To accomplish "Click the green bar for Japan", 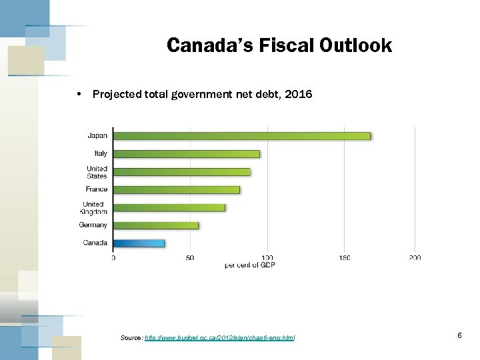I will pyautogui.click(x=241, y=136).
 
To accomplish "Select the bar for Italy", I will pyautogui.click(x=187, y=154).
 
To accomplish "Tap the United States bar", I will pyautogui.click(x=181, y=172).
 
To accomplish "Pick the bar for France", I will pyautogui.click(x=177, y=190).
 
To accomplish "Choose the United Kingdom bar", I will pyautogui.click(x=169, y=208).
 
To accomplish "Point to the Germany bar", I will pyautogui.click(x=156, y=225).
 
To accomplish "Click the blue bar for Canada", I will pyautogui.click(x=139, y=243).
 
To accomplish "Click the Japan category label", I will pyautogui.click(x=97, y=136).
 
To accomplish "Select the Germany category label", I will pyautogui.click(x=93, y=225).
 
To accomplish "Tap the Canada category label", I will pyautogui.click(x=95, y=243).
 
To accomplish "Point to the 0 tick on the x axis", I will pyautogui.click(x=113, y=257).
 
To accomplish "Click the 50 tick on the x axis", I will pyautogui.click(x=190, y=257).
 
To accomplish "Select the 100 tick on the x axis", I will pyautogui.click(x=267, y=257).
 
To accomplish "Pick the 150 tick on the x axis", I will pyautogui.click(x=344, y=257).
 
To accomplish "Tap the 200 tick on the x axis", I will pyautogui.click(x=415, y=257).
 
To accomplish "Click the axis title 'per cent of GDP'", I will pyautogui.click(x=249, y=265).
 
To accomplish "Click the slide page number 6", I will pyautogui.click(x=459, y=335).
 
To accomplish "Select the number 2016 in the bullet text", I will pyautogui.click(x=297, y=95).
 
